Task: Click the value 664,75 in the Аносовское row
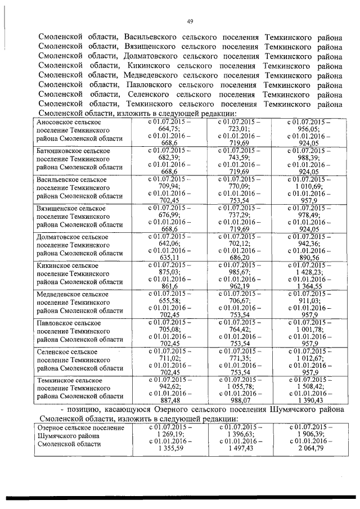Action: click(x=169, y=129)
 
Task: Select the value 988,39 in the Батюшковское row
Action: click(x=309, y=157)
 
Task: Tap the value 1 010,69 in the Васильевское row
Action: click(x=309, y=186)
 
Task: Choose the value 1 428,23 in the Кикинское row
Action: click(x=309, y=272)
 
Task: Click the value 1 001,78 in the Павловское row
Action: click(x=309, y=330)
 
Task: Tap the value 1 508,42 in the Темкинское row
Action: click(x=309, y=387)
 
